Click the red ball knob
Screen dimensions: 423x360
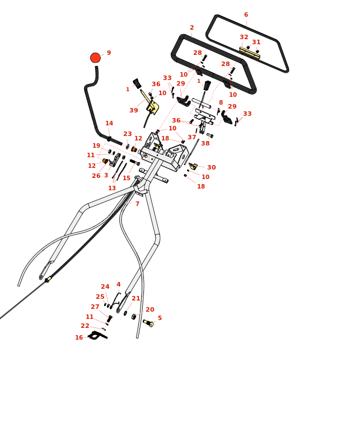pyautogui.click(x=96, y=58)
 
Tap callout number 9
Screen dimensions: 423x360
pyautogui.click(x=109, y=53)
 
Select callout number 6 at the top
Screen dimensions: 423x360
pyautogui.click(x=246, y=15)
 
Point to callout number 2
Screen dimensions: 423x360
pyautogui.click(x=191, y=27)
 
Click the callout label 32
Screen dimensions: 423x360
pyautogui.click(x=244, y=37)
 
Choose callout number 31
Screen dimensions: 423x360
pyautogui.click(x=256, y=43)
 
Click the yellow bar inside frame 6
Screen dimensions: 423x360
pyautogui.click(x=250, y=53)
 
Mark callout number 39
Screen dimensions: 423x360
pyautogui.click(x=134, y=111)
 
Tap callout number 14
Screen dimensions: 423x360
pyautogui.click(x=109, y=124)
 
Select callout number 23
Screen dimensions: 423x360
pyautogui.click(x=128, y=134)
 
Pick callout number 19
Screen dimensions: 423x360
pyautogui.click(x=96, y=146)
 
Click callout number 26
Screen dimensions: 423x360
pyautogui.click(x=96, y=176)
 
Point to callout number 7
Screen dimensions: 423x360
pyautogui.click(x=137, y=204)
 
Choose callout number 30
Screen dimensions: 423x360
pyautogui.click(x=211, y=168)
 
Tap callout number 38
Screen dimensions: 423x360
pyautogui.click(x=205, y=144)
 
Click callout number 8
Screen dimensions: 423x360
pyautogui.click(x=221, y=103)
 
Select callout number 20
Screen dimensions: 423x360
pyautogui.click(x=150, y=310)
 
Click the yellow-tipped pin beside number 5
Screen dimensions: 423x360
pyautogui.click(x=148, y=323)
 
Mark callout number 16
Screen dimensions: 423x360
pyautogui.click(x=79, y=338)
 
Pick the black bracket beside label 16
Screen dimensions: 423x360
pyautogui.click(x=97, y=335)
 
